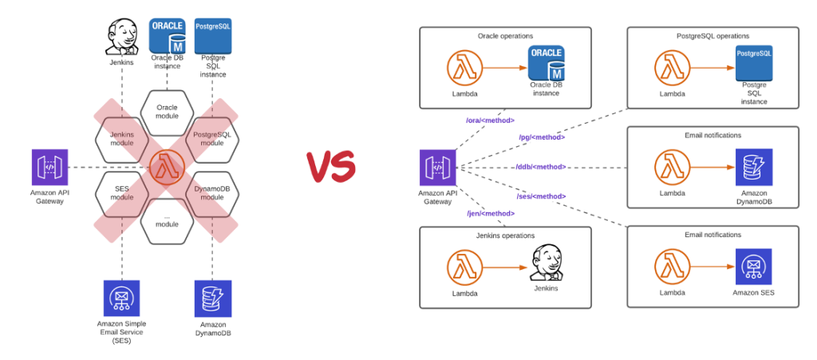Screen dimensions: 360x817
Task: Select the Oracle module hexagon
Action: (167, 112)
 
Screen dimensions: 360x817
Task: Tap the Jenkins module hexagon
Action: (122, 139)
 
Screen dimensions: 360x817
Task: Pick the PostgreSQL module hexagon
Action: (212, 139)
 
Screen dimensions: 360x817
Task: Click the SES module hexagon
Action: (122, 192)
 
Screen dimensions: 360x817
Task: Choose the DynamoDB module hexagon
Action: (212, 192)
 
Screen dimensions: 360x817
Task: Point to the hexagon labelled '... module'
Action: (167, 220)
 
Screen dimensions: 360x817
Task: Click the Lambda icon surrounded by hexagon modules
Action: (167, 166)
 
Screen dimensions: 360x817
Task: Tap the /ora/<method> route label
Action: (489, 121)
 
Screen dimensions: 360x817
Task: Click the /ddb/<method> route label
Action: (541, 167)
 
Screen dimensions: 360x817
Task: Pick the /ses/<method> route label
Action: (542, 196)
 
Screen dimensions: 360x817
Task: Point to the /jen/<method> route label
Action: (489, 213)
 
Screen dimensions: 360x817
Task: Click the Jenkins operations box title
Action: (505, 235)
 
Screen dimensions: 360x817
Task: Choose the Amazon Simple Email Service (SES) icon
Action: (121, 298)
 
